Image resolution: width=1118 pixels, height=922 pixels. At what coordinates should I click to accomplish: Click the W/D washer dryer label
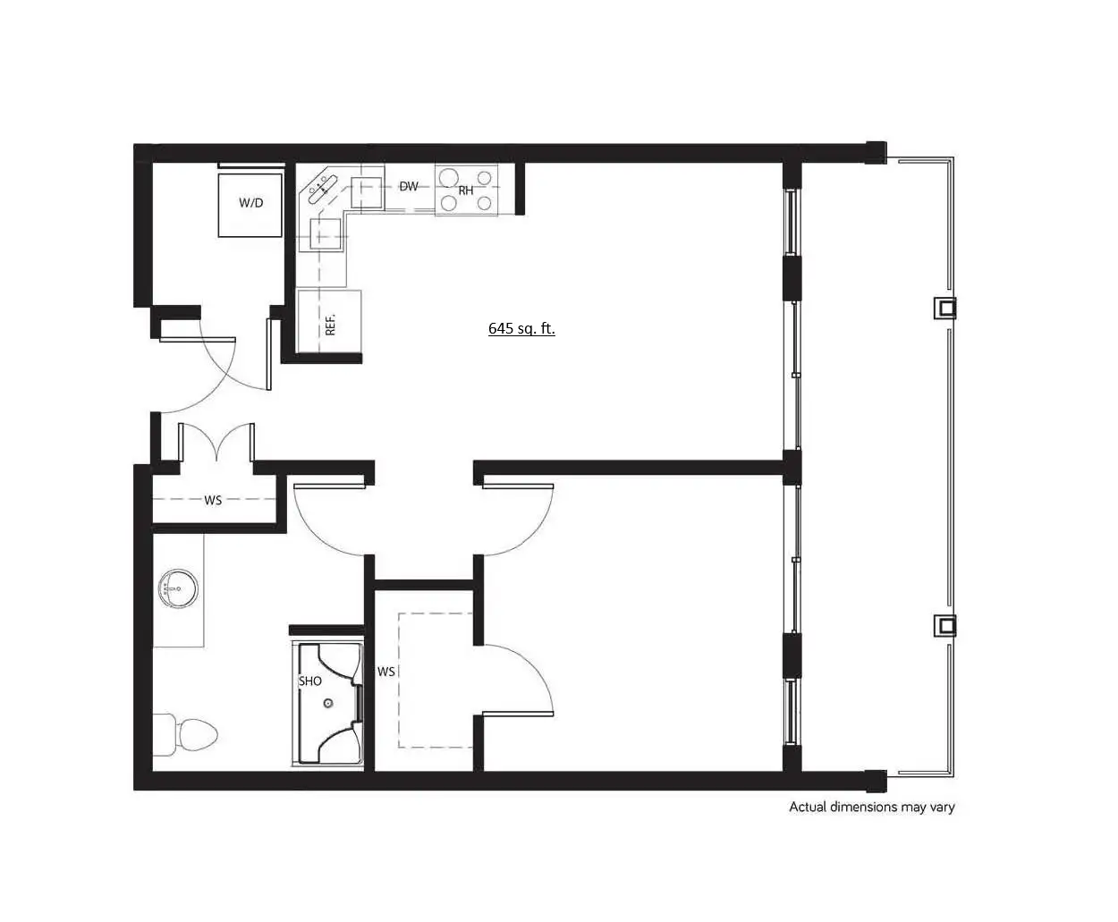251,203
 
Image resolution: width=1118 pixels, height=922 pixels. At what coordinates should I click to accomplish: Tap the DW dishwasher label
409,186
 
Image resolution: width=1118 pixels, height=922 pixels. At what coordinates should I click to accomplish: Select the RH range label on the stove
466,190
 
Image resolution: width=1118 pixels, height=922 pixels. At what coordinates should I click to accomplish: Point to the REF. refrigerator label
330,325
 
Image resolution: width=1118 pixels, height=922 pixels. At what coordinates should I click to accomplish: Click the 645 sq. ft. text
521,328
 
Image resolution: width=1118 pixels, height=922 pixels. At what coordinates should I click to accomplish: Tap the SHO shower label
310,681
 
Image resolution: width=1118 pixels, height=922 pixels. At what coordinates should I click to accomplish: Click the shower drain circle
328,703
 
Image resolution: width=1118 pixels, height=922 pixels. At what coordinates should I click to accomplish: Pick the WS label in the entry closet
213,500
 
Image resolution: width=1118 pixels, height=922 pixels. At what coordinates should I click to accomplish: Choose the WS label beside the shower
386,672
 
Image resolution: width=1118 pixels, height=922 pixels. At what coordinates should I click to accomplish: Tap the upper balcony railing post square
945,308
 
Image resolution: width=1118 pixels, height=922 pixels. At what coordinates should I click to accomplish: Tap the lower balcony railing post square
945,625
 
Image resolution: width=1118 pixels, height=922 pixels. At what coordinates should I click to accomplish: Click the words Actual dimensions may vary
872,807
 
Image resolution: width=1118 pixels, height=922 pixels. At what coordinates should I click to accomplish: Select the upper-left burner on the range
449,177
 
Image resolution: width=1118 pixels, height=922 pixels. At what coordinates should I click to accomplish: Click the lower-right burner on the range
485,204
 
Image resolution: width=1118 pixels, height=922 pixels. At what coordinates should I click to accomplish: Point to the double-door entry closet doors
216,442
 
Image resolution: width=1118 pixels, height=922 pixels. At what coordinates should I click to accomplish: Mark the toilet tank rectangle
164,734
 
